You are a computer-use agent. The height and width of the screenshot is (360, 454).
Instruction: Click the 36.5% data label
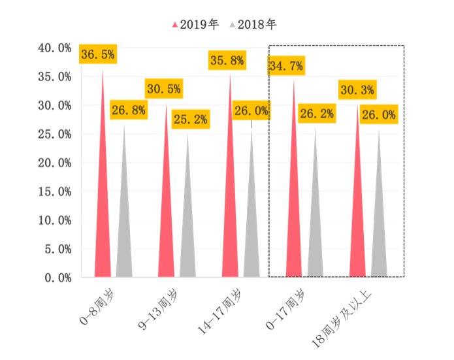(x=97, y=54)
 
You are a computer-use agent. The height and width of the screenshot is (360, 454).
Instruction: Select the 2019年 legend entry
(x=196, y=24)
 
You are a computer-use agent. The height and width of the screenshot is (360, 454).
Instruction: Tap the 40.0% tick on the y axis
(x=55, y=48)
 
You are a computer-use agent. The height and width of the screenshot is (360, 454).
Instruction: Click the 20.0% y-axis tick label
(x=55, y=163)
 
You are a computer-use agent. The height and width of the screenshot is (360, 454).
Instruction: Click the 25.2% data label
(x=189, y=119)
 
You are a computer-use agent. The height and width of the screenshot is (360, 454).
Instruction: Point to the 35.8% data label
(x=227, y=61)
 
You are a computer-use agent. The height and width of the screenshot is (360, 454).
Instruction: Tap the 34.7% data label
(x=285, y=65)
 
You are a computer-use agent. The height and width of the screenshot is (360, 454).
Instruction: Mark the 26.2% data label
(x=317, y=114)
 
